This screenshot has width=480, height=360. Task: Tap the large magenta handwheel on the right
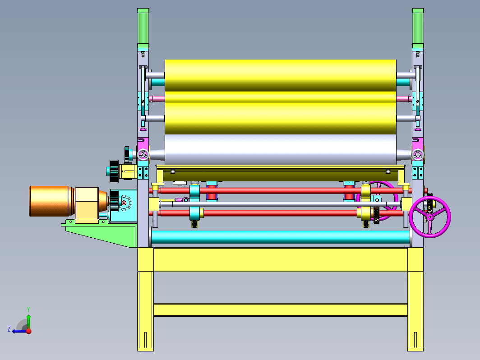tap(430, 217)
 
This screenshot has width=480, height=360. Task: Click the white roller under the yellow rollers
tap(281, 150)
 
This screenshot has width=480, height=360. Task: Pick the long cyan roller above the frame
tap(281, 237)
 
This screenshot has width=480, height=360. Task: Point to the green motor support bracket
tap(101, 233)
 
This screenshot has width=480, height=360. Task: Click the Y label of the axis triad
tap(28, 309)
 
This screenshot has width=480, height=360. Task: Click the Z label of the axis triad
tap(9, 329)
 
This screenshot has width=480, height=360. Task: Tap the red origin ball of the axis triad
tap(29, 331)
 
